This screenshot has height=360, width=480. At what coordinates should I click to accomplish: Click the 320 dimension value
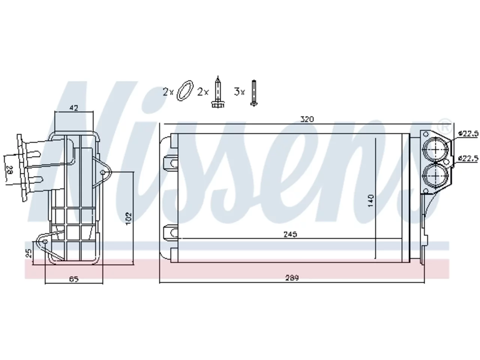coord(307,119)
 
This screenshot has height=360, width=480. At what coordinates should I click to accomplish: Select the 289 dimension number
coord(292,278)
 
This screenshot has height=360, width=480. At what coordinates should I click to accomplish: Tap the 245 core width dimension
coord(290,234)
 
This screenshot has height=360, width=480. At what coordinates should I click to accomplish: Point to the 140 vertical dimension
coord(371,200)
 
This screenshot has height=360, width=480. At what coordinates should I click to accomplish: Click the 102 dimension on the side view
coord(129,218)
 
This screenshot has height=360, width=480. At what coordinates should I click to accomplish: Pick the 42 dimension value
coord(74,108)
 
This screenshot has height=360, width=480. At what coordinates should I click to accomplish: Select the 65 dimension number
coord(74,279)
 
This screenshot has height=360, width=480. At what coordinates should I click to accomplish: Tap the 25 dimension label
coord(28,253)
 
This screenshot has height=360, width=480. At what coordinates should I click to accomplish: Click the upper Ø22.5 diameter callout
coord(468,133)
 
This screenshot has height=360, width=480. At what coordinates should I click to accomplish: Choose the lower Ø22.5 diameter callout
coord(468,158)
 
